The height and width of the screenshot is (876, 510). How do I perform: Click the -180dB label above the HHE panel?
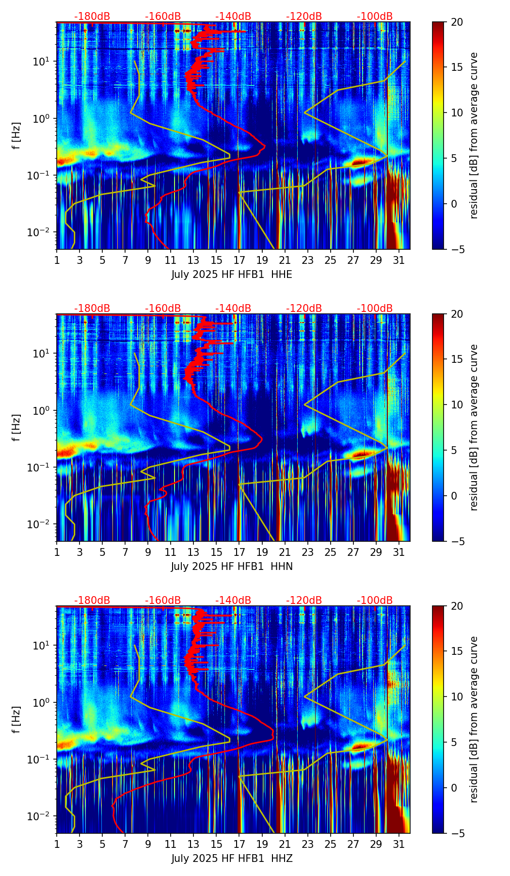tap(92, 16)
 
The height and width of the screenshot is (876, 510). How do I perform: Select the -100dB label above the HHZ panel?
tap(375, 600)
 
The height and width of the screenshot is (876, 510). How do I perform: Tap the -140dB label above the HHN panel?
tap(233, 308)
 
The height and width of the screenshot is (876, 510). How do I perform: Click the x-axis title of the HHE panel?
tap(232, 275)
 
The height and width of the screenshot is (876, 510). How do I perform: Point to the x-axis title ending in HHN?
tap(232, 567)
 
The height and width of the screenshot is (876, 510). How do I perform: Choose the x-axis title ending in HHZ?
tap(232, 859)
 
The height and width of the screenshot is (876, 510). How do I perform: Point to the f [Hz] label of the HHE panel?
tap(17, 135)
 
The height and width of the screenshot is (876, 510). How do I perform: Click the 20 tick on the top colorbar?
tap(456, 22)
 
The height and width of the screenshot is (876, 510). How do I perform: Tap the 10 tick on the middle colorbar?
tap(456, 405)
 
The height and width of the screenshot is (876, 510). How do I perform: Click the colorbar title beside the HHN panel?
tap(474, 427)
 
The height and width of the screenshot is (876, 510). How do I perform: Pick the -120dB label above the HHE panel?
tap(304, 16)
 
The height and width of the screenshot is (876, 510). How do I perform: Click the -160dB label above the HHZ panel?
tap(163, 600)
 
